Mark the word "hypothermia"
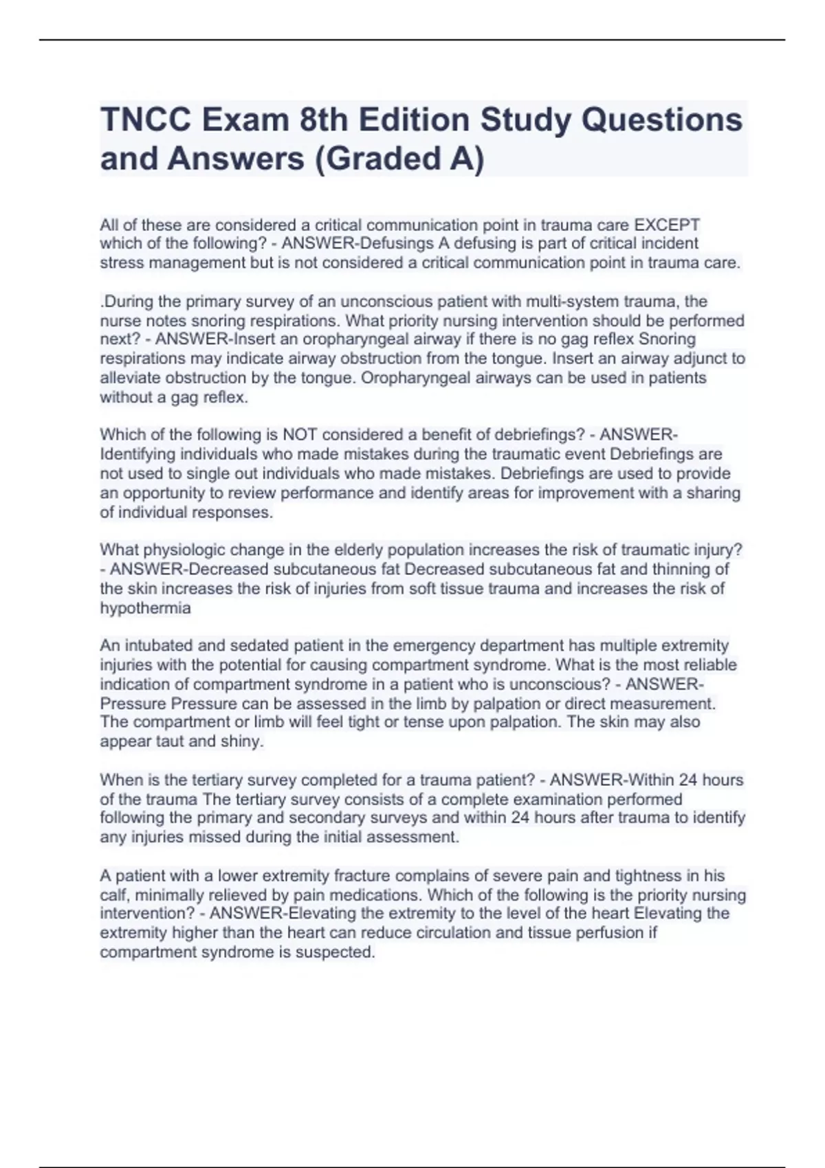click(145, 608)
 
